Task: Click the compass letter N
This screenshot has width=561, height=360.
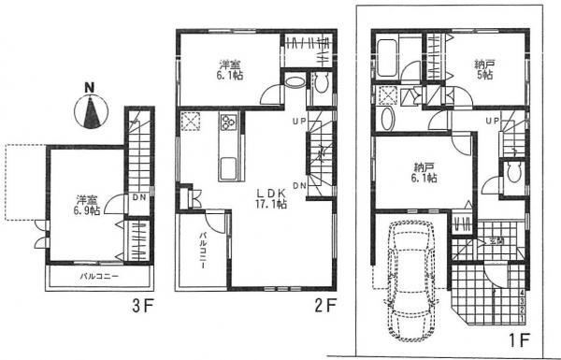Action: (90, 89)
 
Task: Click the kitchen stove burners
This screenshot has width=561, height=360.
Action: (227, 124)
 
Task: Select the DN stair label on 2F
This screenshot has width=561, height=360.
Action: (299, 186)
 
